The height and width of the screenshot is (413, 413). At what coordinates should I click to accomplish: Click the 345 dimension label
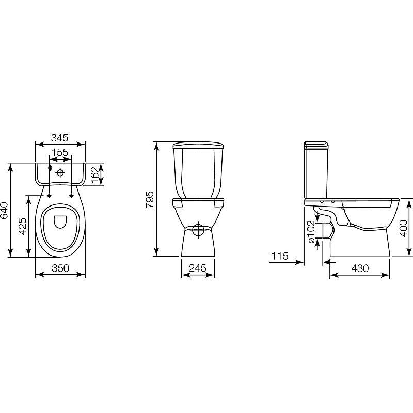click(x=60, y=138)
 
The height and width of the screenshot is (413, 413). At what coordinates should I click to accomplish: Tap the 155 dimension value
click(x=60, y=152)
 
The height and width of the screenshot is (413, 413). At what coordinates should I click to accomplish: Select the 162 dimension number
click(x=95, y=174)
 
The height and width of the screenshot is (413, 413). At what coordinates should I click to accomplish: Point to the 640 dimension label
click(x=4, y=211)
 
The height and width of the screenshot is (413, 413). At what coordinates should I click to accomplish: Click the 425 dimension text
click(x=22, y=226)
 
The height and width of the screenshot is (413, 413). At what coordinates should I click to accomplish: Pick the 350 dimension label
click(x=60, y=268)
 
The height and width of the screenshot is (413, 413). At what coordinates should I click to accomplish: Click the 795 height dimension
click(x=149, y=199)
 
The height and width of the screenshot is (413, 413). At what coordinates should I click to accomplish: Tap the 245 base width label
click(x=198, y=268)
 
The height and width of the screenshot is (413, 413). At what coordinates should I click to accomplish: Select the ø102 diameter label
click(x=311, y=232)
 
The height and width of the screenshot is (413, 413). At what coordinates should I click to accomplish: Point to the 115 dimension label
click(x=280, y=256)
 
